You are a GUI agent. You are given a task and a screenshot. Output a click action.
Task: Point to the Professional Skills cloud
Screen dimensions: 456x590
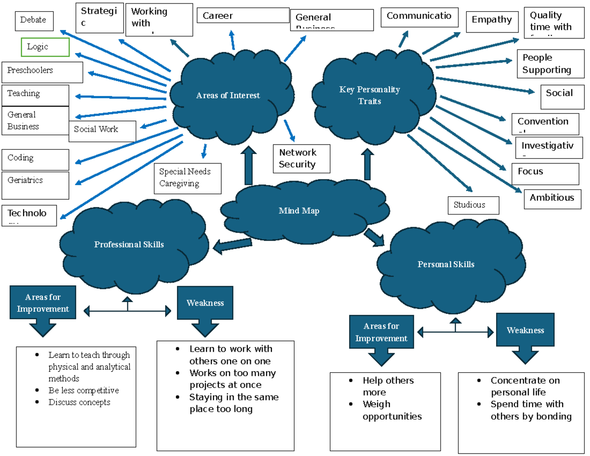tap(129, 244)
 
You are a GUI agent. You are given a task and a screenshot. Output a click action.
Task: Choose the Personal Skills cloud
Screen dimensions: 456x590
tap(446, 265)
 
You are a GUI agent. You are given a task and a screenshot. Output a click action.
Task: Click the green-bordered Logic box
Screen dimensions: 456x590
tap(45, 47)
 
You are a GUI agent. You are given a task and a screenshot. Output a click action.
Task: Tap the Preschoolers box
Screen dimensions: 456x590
tap(42, 72)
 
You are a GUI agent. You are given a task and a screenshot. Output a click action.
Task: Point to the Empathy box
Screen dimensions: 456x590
tap(492, 21)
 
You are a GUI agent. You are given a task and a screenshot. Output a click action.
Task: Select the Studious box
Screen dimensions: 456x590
tap(473, 205)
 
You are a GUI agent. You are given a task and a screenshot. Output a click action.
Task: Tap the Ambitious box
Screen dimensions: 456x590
tap(552, 198)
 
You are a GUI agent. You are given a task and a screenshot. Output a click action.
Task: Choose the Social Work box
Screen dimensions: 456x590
tap(102, 130)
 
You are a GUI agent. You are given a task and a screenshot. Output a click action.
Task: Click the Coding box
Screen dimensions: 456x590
tap(35, 159)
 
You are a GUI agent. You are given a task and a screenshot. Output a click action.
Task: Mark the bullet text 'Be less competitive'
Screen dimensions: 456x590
tap(84, 391)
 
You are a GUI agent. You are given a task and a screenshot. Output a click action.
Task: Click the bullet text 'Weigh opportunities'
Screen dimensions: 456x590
tap(392, 410)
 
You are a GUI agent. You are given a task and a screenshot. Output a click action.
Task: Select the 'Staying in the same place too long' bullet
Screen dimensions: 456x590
tap(234, 403)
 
